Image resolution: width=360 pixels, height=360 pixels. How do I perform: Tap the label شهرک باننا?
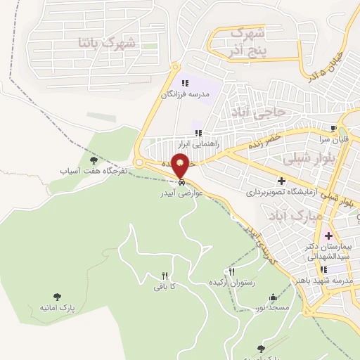[x=109, y=43]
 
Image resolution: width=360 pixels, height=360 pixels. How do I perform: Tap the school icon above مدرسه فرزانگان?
[x=185, y=83]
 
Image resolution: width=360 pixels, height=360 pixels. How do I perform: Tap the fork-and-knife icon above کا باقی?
[x=165, y=276]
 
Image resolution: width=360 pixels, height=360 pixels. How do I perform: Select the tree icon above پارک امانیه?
[x=57, y=297]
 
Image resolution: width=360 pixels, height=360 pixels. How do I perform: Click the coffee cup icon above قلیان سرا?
[x=334, y=128]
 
